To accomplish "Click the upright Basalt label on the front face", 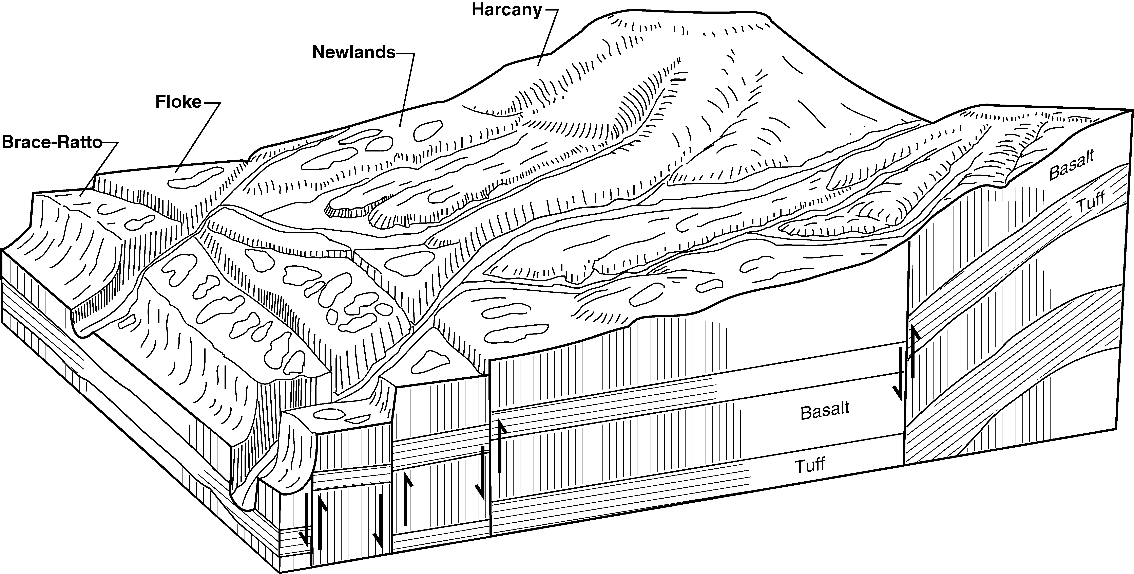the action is pos(825,411).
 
